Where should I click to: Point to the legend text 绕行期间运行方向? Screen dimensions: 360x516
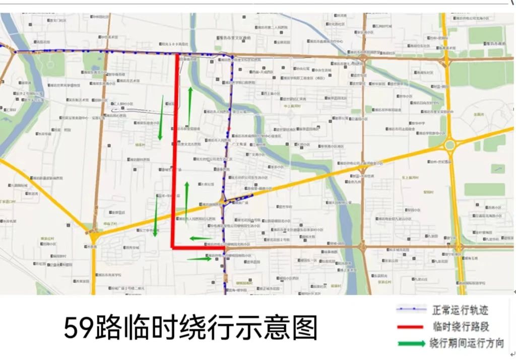[467, 343]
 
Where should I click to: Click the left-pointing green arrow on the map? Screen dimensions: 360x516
[200, 238]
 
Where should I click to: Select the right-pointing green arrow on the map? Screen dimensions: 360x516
[199, 259]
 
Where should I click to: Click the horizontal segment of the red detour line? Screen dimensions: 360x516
[199, 248]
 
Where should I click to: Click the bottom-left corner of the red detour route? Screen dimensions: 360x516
[173, 247]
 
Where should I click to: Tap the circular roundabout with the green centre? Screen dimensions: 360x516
[449, 145]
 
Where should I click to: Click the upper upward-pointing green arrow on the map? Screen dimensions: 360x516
[190, 106]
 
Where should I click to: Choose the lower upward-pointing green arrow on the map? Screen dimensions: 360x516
[186, 201]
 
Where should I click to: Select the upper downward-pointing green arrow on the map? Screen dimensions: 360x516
[161, 118]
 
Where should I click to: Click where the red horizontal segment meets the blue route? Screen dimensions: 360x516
[224, 248]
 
